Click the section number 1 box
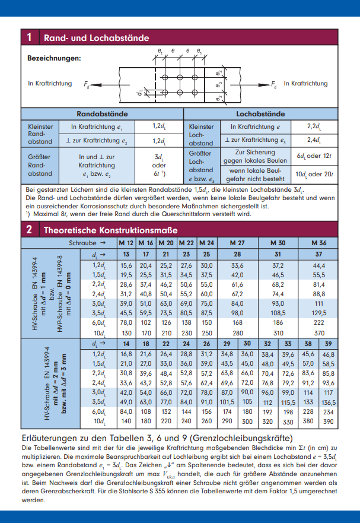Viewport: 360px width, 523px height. pyautogui.click(x=29, y=38)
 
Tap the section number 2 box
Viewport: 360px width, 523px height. pyautogui.click(x=29, y=230)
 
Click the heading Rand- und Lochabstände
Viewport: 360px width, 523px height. pyautogui.click(x=96, y=38)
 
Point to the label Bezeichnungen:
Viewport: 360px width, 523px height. pyautogui.click(x=54, y=58)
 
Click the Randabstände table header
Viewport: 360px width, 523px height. pyautogui.click(x=102, y=113)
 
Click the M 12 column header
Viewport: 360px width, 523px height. pyautogui.click(x=126, y=243)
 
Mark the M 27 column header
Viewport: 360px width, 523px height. pyautogui.click(x=237, y=243)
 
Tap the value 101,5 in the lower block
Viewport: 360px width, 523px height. pyautogui.click(x=227, y=402)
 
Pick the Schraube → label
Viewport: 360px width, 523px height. pyautogui.click(x=87, y=243)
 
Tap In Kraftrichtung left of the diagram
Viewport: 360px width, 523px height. pyautogui.click(x=50, y=84)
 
